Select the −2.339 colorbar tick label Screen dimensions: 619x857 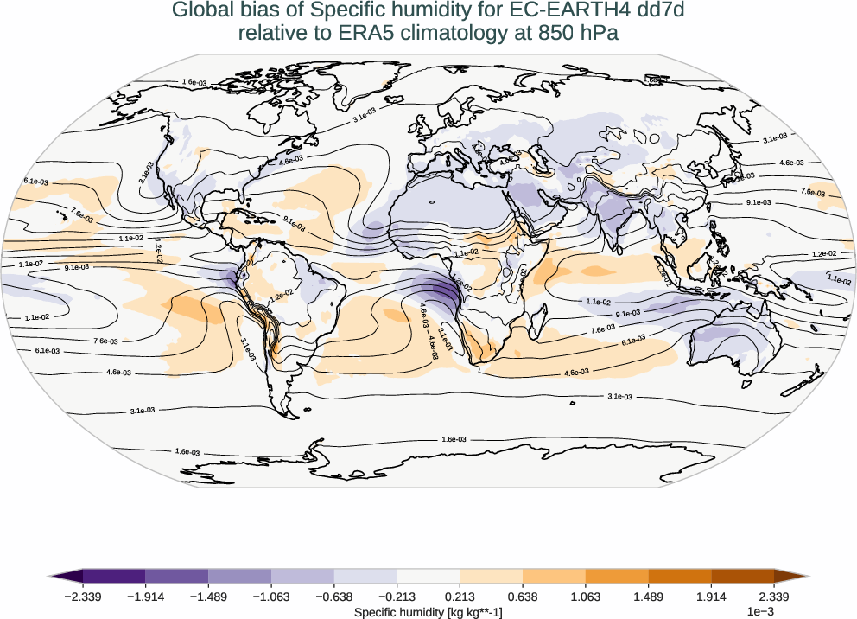point(83,596)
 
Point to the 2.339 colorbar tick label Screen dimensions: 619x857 point(774,596)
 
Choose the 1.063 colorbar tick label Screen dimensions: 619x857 point(586,596)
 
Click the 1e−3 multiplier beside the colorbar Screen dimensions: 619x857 point(759,612)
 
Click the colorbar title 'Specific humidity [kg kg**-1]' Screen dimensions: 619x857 point(428,612)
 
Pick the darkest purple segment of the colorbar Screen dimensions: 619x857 point(114,575)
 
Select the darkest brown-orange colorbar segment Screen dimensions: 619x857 point(743,575)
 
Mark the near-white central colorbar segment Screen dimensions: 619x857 point(428,575)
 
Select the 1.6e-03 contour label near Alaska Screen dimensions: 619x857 point(194,82)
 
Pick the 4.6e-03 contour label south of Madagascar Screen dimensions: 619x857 point(576,372)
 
